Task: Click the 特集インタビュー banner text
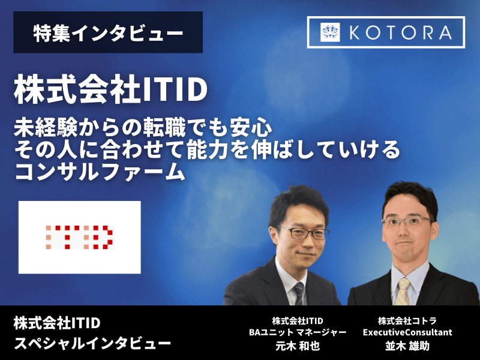(x=108, y=33)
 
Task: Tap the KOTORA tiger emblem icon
(x=330, y=32)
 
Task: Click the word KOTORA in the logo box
(x=401, y=32)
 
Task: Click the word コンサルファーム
(x=100, y=172)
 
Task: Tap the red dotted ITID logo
(x=79, y=237)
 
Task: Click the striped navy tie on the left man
(x=299, y=293)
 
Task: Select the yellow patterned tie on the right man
(x=402, y=292)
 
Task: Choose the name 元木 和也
(x=298, y=346)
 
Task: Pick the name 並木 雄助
(x=407, y=346)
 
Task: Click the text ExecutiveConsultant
(x=407, y=332)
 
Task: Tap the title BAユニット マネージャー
(x=298, y=332)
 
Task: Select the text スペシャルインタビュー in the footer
(x=92, y=344)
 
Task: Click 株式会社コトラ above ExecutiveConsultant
(x=407, y=321)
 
